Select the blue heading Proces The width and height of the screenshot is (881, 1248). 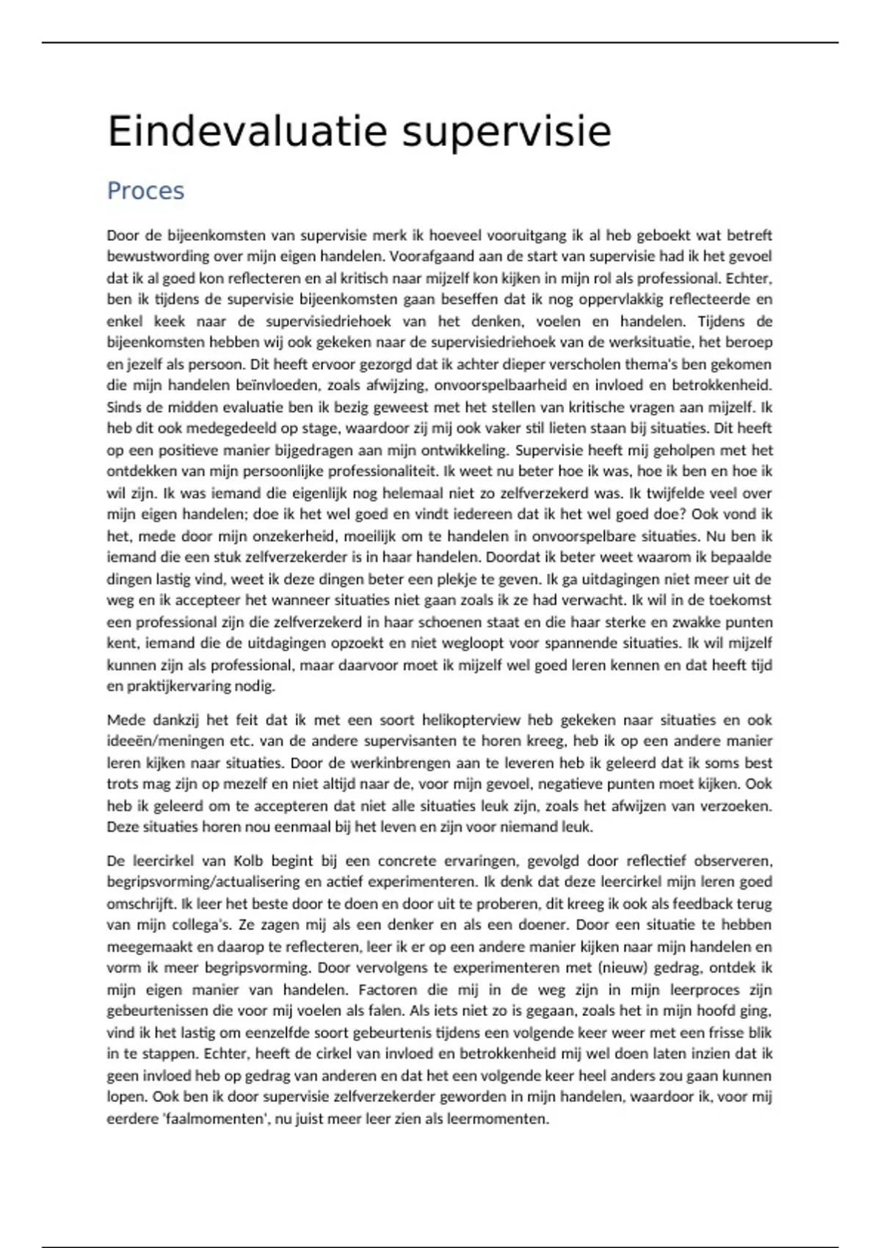(x=145, y=191)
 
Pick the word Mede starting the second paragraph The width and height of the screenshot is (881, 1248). (x=126, y=720)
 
